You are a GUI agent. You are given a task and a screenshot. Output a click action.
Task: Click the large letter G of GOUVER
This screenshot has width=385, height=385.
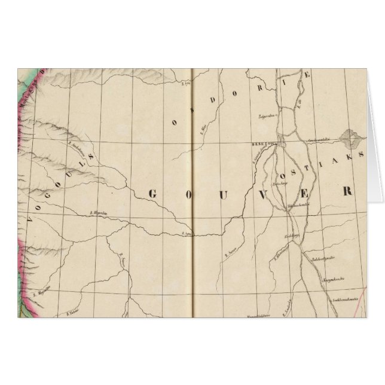tap(151, 193)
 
